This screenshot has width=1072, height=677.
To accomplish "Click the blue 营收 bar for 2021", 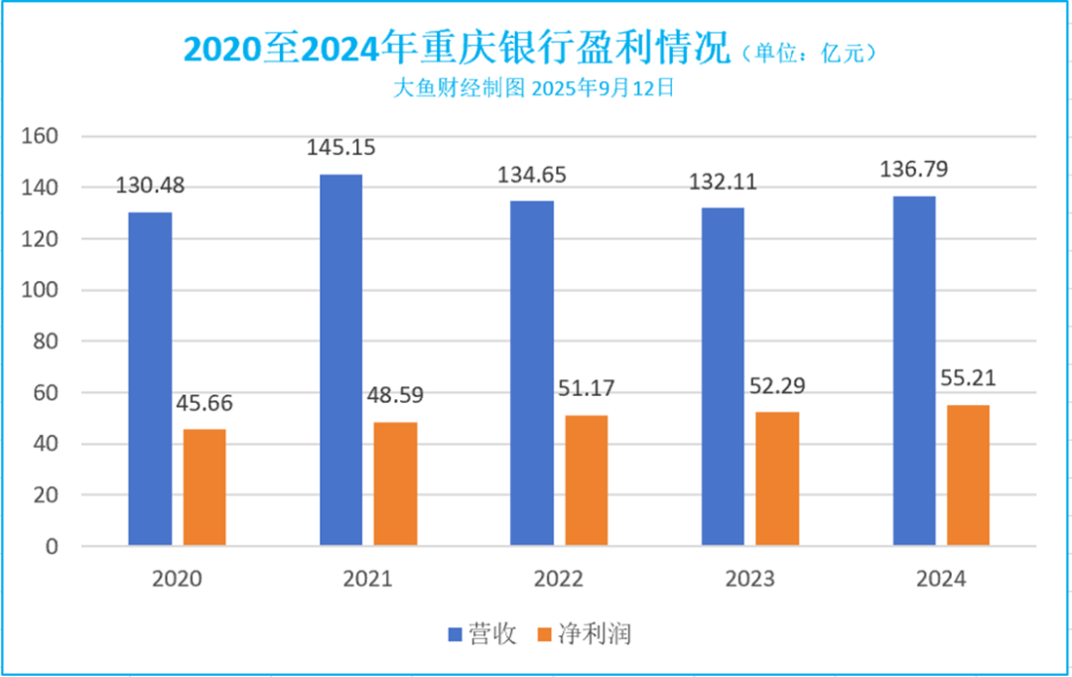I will [340, 359].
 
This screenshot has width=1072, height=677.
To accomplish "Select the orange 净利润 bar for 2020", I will [204, 487].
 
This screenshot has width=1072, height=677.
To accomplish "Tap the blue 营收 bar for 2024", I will [913, 370].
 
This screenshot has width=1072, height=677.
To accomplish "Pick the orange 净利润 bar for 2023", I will [777, 478].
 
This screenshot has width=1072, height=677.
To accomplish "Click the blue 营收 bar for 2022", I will [532, 372].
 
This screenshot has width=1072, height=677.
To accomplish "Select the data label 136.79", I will [913, 170].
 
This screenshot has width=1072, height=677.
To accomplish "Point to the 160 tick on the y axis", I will [43, 136].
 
